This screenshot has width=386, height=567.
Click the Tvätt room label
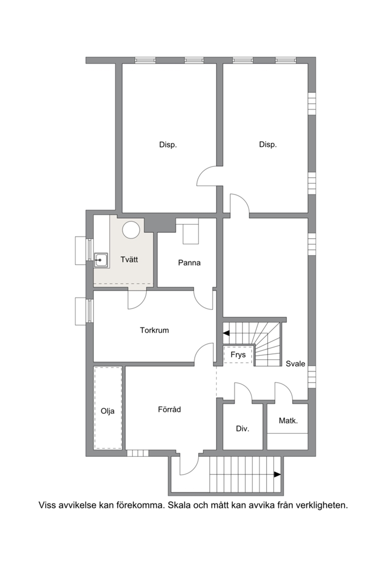coord(129,259)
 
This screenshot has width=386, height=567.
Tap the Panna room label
coord(189,263)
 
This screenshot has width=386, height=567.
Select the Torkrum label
coord(154,330)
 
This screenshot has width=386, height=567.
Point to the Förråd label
coord(169,409)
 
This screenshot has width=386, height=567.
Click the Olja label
coord(107,411)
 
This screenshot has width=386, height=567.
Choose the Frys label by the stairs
coord(238,355)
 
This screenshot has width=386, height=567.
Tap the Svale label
coord(295,364)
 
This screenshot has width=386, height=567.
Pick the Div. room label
coord(243,429)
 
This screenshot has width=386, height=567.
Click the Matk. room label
coord(288,420)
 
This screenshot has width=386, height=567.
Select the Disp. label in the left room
coord(168,145)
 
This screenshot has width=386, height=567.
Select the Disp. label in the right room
coord(268,145)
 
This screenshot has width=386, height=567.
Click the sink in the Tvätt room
coord(102,260)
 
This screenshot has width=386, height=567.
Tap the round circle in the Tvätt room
coord(131,229)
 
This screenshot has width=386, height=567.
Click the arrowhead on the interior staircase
coord(226,333)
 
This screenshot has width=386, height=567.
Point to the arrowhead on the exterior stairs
coord(278,474)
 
